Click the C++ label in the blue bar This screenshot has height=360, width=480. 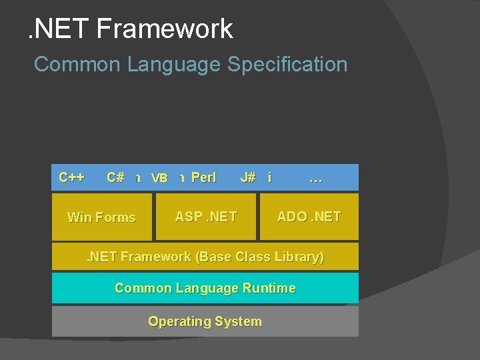pyautogui.click(x=71, y=177)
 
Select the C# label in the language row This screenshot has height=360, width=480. pyautogui.click(x=115, y=177)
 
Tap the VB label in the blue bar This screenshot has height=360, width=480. pyautogui.click(x=159, y=178)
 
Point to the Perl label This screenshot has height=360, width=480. pyautogui.click(x=203, y=177)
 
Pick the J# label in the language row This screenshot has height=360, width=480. pyautogui.click(x=248, y=177)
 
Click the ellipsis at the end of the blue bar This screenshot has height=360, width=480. pyautogui.click(x=316, y=179)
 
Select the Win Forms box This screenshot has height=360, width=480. pyautogui.click(x=102, y=217)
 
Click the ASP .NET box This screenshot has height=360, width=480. pyautogui.click(x=205, y=217)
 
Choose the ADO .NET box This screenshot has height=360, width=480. pyautogui.click(x=309, y=217)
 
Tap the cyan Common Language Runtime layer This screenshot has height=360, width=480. pyautogui.click(x=205, y=288)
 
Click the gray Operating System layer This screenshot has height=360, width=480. pyautogui.click(x=205, y=321)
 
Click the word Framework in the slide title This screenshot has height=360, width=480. pyautogui.click(x=164, y=29)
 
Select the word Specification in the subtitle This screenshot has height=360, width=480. pyautogui.click(x=287, y=65)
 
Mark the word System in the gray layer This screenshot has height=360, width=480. pyautogui.click(x=239, y=321)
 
